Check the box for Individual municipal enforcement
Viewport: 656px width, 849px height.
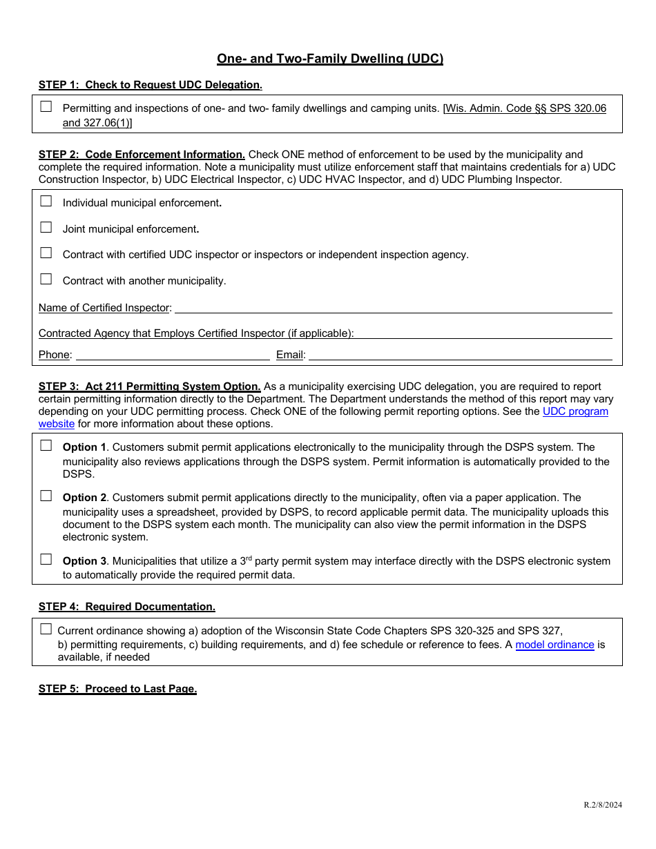[x=46, y=202]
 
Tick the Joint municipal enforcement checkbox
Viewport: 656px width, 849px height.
[x=46, y=227]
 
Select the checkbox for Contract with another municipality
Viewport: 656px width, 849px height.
[x=46, y=279]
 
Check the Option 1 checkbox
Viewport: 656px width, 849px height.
[x=46, y=446]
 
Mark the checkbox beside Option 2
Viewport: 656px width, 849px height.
[x=46, y=496]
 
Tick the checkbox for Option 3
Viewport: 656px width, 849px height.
[x=46, y=560]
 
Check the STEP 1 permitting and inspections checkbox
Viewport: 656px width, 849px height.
[x=46, y=106]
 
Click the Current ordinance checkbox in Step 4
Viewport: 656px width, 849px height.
[x=46, y=629]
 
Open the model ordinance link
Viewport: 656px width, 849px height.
[x=554, y=645]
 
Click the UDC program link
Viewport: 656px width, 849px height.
[x=575, y=411]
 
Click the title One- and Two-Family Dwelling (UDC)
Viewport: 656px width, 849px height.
[x=330, y=59]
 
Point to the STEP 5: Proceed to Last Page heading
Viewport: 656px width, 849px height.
[x=117, y=689]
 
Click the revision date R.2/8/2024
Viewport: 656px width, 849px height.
[x=602, y=805]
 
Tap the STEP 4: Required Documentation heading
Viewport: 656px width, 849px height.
[x=127, y=607]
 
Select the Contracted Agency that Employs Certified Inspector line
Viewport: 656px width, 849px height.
[x=483, y=333]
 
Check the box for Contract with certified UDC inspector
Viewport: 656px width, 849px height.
[x=46, y=253]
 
